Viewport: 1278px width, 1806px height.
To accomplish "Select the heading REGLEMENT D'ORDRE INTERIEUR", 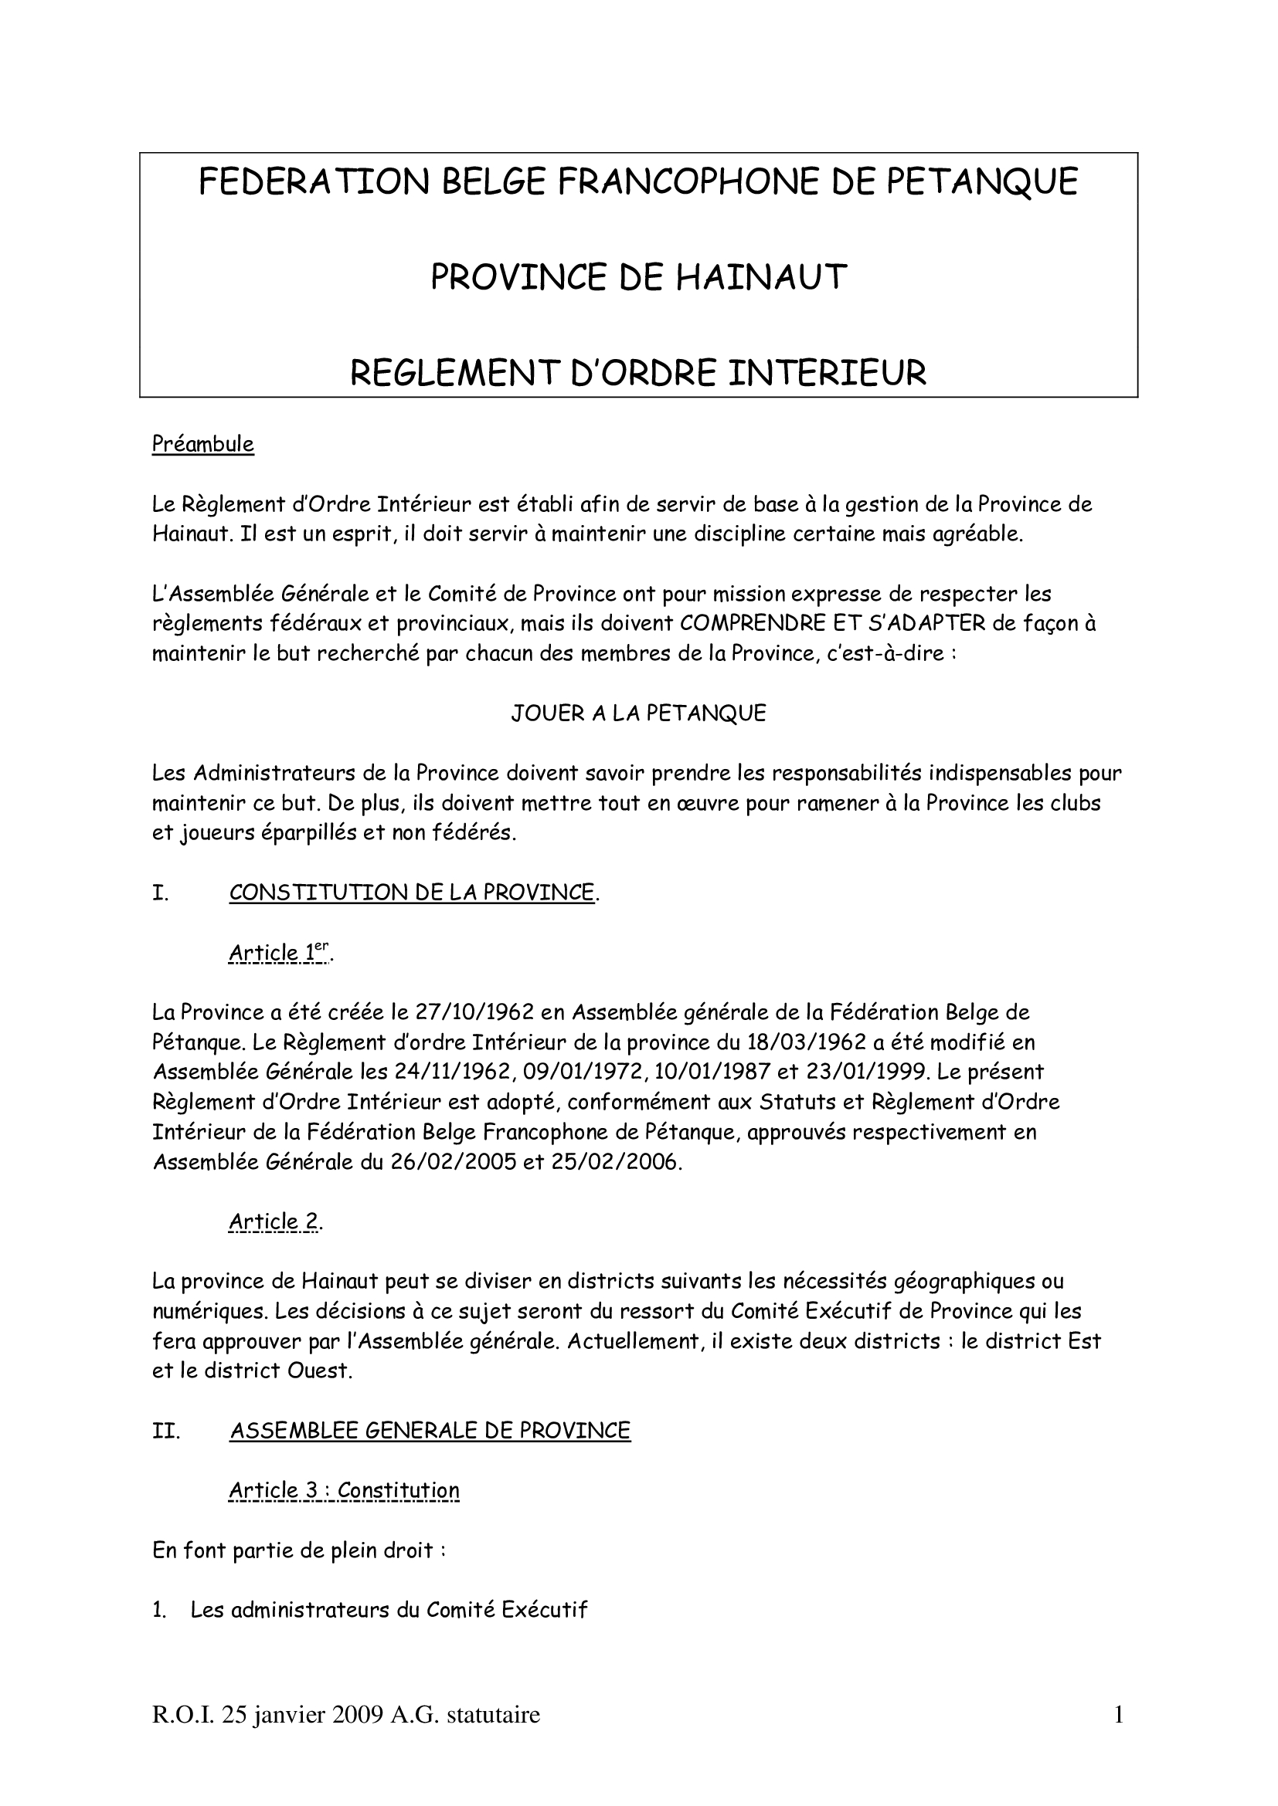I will pyautogui.click(x=638, y=372).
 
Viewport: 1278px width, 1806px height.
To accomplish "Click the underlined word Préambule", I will pyautogui.click(x=203, y=445).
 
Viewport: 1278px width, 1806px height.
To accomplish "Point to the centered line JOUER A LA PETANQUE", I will pyautogui.click(x=638, y=713).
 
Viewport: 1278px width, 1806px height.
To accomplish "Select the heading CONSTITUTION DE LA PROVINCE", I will pyautogui.click(x=412, y=892).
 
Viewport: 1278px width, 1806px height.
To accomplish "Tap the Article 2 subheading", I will pyautogui.click(x=274, y=1222).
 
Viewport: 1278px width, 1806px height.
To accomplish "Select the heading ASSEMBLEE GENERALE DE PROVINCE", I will pyautogui.click(x=430, y=1430).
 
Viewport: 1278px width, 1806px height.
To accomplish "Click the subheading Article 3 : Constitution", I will pyautogui.click(x=344, y=1490).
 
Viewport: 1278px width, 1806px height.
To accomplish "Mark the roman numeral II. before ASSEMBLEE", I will pyautogui.click(x=166, y=1431).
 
